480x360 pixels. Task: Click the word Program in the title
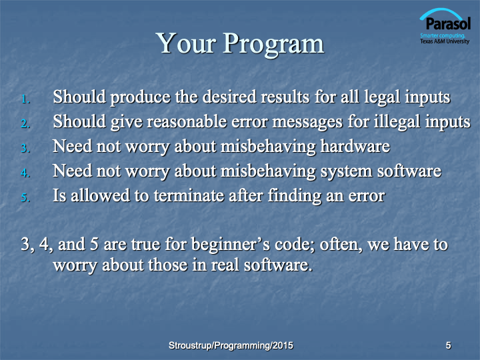click(x=273, y=45)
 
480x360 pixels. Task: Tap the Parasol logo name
click(x=448, y=24)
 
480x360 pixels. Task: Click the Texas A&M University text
click(x=445, y=41)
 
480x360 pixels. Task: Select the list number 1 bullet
click(x=25, y=99)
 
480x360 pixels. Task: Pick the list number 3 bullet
click(x=25, y=149)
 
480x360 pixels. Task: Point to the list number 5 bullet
click(x=25, y=198)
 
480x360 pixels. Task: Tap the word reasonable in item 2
click(x=187, y=121)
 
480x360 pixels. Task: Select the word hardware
click(x=355, y=146)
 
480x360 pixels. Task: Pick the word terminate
click(x=189, y=195)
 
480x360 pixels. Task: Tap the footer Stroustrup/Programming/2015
click(x=231, y=345)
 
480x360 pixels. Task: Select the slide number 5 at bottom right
click(x=448, y=345)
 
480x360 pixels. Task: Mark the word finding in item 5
click(x=295, y=196)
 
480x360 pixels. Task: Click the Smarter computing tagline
click(x=443, y=35)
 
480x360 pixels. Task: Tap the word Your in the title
click(x=187, y=43)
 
